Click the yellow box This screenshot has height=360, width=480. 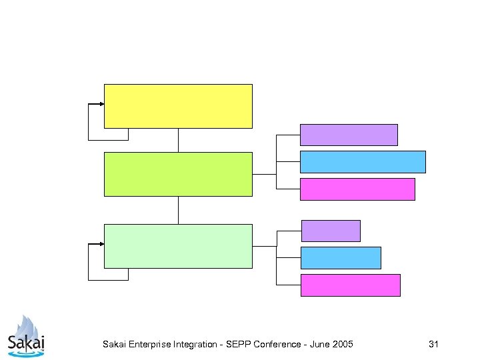[x=178, y=106]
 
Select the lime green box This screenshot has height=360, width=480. [x=178, y=174]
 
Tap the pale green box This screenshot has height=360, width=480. [x=178, y=246]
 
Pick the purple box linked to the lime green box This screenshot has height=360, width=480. [x=349, y=135]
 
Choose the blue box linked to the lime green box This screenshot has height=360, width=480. [x=363, y=162]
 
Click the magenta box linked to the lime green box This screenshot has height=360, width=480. [x=357, y=189]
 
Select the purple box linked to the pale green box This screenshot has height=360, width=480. [x=331, y=231]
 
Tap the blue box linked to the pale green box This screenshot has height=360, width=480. [x=341, y=257]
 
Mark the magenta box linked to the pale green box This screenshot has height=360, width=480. [x=350, y=285]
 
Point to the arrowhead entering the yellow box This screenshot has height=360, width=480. [x=101, y=104]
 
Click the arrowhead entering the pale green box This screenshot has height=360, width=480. [x=101, y=244]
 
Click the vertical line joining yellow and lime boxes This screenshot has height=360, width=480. [x=178, y=140]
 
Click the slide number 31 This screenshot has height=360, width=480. [x=433, y=345]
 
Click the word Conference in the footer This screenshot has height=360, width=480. [x=278, y=345]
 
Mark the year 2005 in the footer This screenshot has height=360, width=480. [x=344, y=345]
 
